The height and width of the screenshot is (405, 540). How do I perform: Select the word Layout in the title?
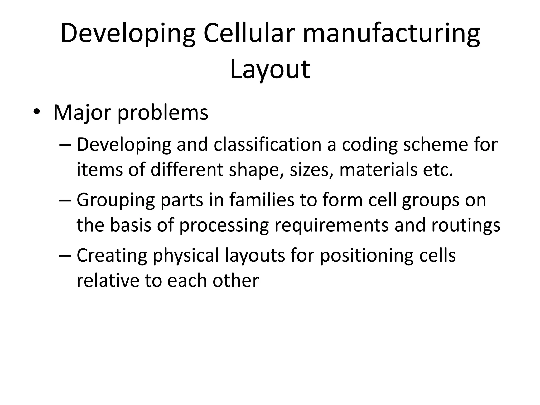(x=270, y=69)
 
